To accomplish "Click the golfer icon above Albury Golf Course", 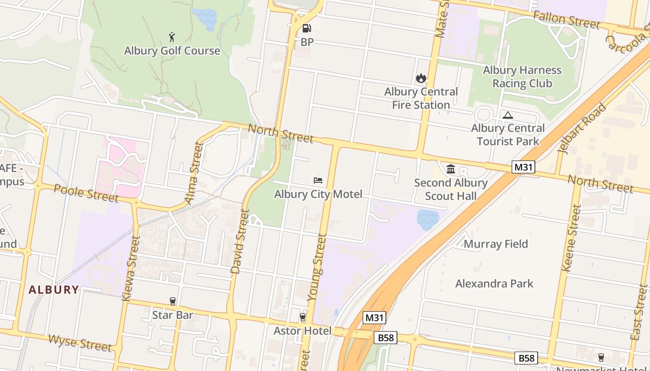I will point(172,36).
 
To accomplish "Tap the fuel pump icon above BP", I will point(306,28).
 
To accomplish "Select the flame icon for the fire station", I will point(421,78).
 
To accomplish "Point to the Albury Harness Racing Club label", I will point(522,77).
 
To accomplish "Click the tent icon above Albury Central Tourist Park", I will point(508,115).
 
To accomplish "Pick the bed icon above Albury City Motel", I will point(318,180).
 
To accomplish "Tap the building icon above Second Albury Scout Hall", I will point(451,169).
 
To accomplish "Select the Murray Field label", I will point(496,244).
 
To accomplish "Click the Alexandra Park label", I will point(494,283).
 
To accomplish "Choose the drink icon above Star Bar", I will point(173,301).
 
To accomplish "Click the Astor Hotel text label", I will point(303,331).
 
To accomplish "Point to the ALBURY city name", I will point(54,290).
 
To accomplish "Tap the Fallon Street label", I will point(566,19).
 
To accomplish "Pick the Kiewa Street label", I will point(130,268).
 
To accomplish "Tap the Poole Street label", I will point(86,193).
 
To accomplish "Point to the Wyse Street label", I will point(80,343).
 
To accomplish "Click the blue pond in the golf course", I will point(205,18).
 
